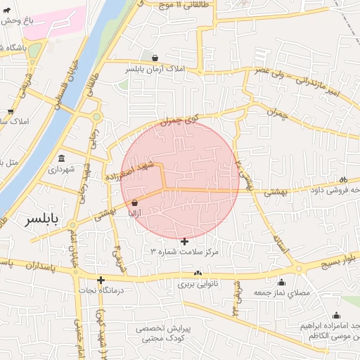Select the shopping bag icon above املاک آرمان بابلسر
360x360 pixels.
click(155, 58)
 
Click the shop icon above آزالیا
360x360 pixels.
click(134, 203)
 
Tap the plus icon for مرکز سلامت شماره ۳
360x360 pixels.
click(185, 241)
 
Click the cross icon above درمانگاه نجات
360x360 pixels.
click(101, 279)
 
